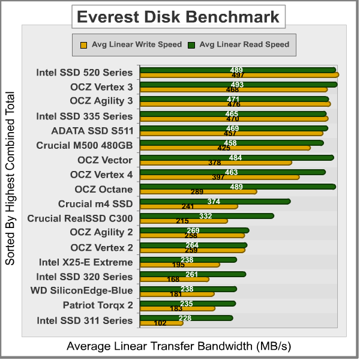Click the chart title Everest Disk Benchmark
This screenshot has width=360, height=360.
[179, 17]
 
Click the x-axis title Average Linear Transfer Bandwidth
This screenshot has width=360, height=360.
[178, 346]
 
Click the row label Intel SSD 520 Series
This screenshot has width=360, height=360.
[84, 73]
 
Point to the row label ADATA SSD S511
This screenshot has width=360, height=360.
[92, 130]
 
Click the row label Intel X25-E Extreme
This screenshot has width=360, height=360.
[85, 262]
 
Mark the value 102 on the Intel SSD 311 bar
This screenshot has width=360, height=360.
[160, 323]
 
